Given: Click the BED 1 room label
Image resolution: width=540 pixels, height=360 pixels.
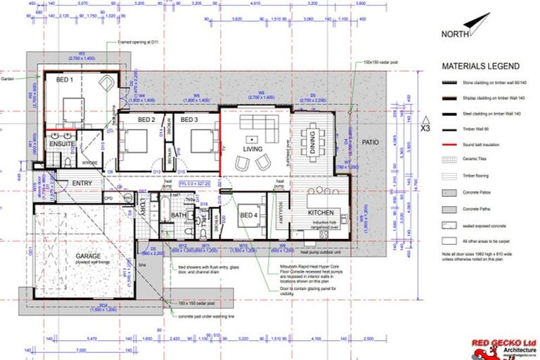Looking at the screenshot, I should click(x=65, y=81).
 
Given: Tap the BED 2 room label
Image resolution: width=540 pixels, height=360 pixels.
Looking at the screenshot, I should click(x=146, y=120).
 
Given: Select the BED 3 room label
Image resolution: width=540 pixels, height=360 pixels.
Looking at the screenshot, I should click(x=189, y=120).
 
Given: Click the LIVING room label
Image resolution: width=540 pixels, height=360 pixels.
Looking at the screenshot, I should click(x=252, y=149).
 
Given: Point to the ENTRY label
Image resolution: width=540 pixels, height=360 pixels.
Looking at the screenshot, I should click(x=83, y=184).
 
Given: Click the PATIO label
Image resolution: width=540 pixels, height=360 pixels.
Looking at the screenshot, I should click(x=370, y=143).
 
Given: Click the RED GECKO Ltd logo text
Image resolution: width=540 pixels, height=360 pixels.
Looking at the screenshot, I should click(x=505, y=343).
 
